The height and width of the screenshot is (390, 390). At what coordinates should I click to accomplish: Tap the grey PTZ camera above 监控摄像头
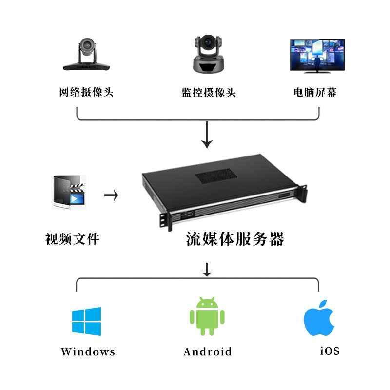[208, 54]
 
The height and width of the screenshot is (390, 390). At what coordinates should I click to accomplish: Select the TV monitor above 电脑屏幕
[317, 56]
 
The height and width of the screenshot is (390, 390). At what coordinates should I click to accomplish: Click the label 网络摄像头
[86, 92]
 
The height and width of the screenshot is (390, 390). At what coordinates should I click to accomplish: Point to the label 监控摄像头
[209, 92]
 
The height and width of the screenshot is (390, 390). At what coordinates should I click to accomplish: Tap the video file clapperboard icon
[70, 193]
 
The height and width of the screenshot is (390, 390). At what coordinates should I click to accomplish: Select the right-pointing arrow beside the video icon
[112, 195]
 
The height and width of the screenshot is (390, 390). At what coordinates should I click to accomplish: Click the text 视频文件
[73, 239]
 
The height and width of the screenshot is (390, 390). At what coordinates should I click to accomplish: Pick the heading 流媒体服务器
[235, 239]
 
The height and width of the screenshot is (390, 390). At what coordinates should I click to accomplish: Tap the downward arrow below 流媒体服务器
[208, 270]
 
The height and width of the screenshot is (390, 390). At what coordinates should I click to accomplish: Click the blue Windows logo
[87, 321]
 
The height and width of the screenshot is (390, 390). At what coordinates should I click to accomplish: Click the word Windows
[88, 351]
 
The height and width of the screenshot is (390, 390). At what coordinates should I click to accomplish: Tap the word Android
[208, 351]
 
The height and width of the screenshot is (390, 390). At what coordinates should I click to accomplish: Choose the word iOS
[330, 351]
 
